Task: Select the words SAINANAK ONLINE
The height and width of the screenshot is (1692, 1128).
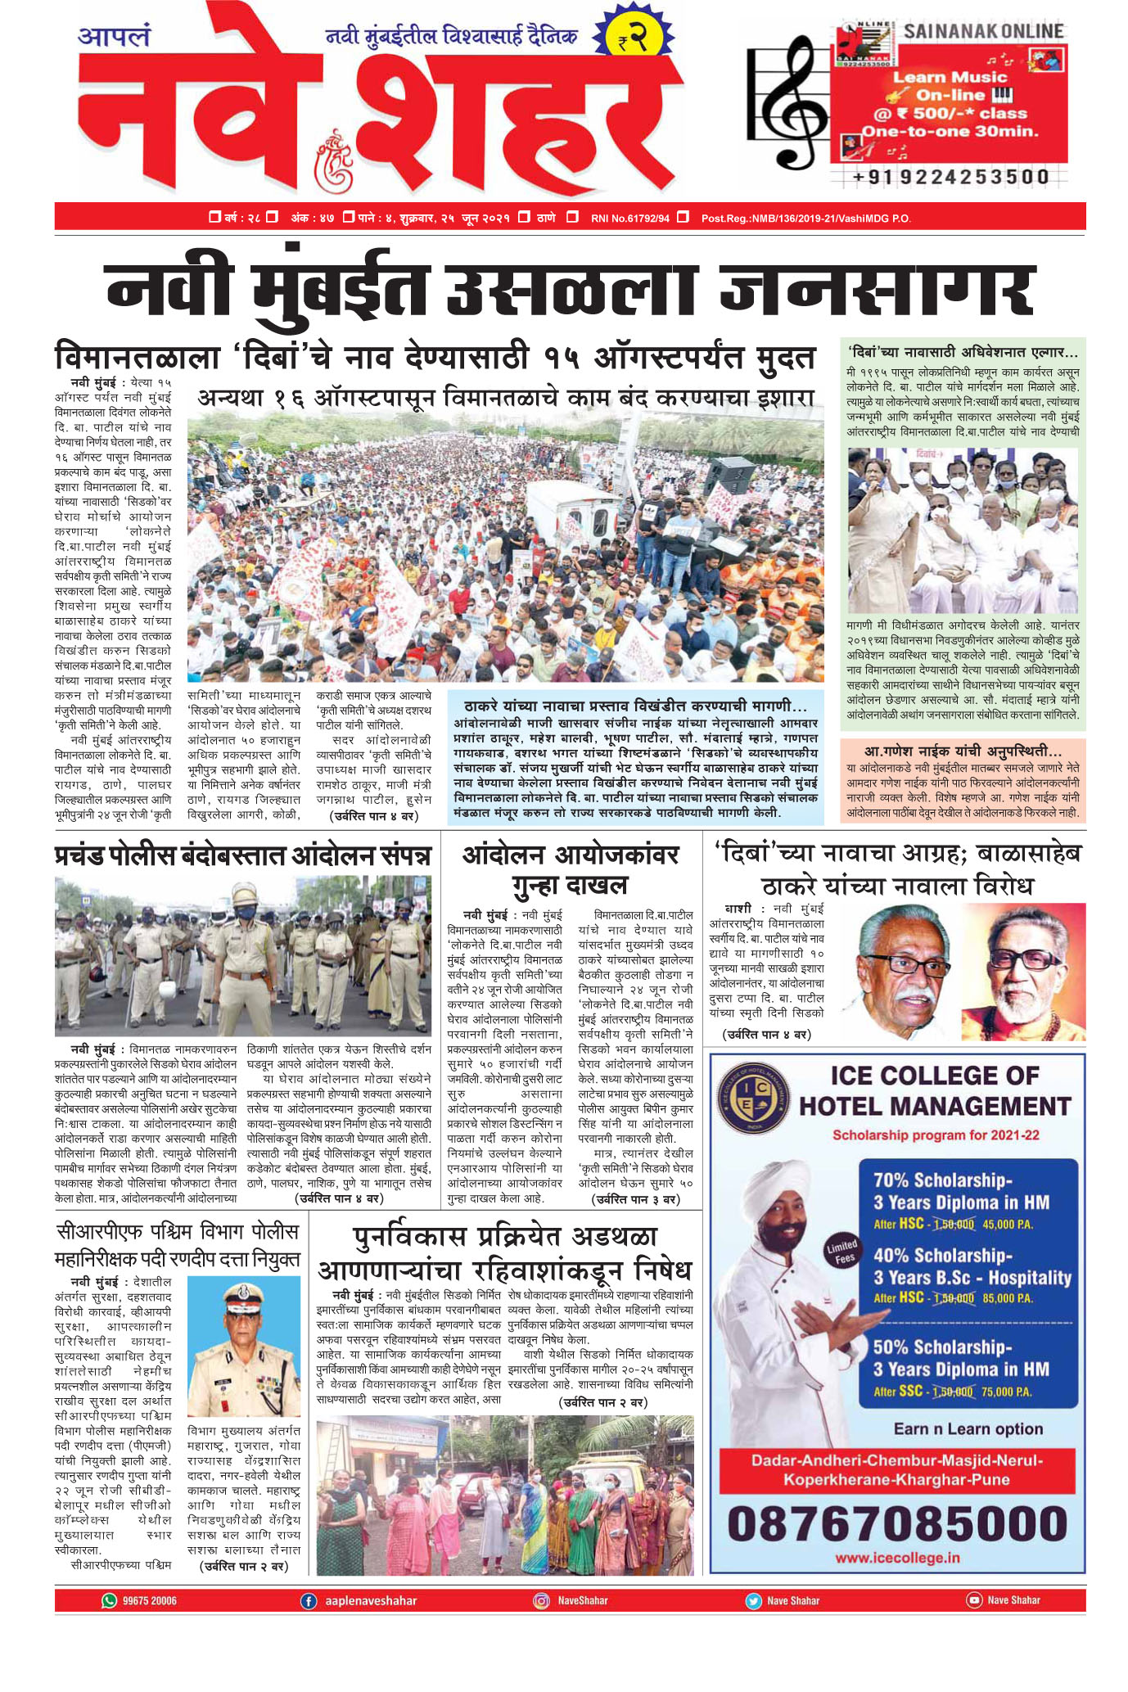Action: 983,32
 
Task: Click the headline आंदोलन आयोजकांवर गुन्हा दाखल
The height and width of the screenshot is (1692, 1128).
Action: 571,869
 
